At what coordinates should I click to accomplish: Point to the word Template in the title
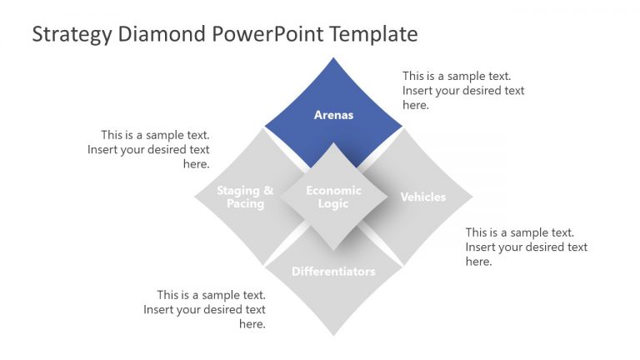tap(372, 34)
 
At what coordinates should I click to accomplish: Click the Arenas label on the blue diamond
tap(333, 115)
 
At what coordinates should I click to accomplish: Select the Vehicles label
tap(422, 197)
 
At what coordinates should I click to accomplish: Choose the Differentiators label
tap(333, 272)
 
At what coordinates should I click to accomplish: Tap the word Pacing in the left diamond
tap(245, 204)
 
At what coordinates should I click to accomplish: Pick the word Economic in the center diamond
tap(333, 191)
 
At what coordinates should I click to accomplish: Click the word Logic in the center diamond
tap(333, 204)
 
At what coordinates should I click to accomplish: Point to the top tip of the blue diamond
tap(333, 58)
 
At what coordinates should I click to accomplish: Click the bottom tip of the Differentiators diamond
tap(333, 335)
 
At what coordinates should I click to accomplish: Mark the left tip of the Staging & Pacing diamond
tap(195, 197)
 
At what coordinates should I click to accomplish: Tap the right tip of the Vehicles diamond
tap(472, 197)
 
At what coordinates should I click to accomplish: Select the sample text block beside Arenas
tap(463, 91)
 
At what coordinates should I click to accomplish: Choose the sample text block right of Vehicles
tap(526, 247)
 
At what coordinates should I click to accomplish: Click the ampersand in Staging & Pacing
tap(268, 191)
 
